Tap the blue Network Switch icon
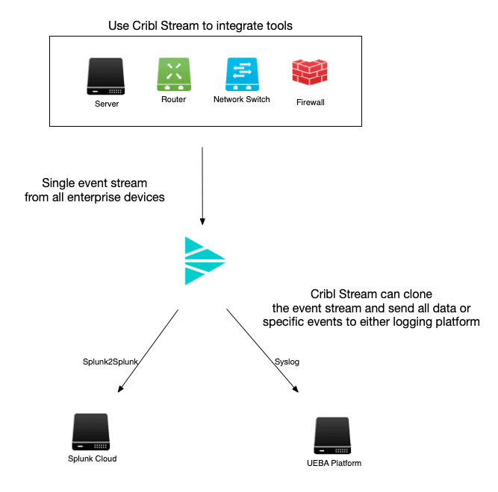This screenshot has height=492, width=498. tap(241, 75)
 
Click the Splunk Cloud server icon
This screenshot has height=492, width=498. tap(92, 432)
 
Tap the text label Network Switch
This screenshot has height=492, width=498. tap(241, 99)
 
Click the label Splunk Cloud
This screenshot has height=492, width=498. tap(92, 458)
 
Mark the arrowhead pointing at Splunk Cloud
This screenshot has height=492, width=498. tap(119, 389)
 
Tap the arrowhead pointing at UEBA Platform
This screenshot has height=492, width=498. tap(298, 389)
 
